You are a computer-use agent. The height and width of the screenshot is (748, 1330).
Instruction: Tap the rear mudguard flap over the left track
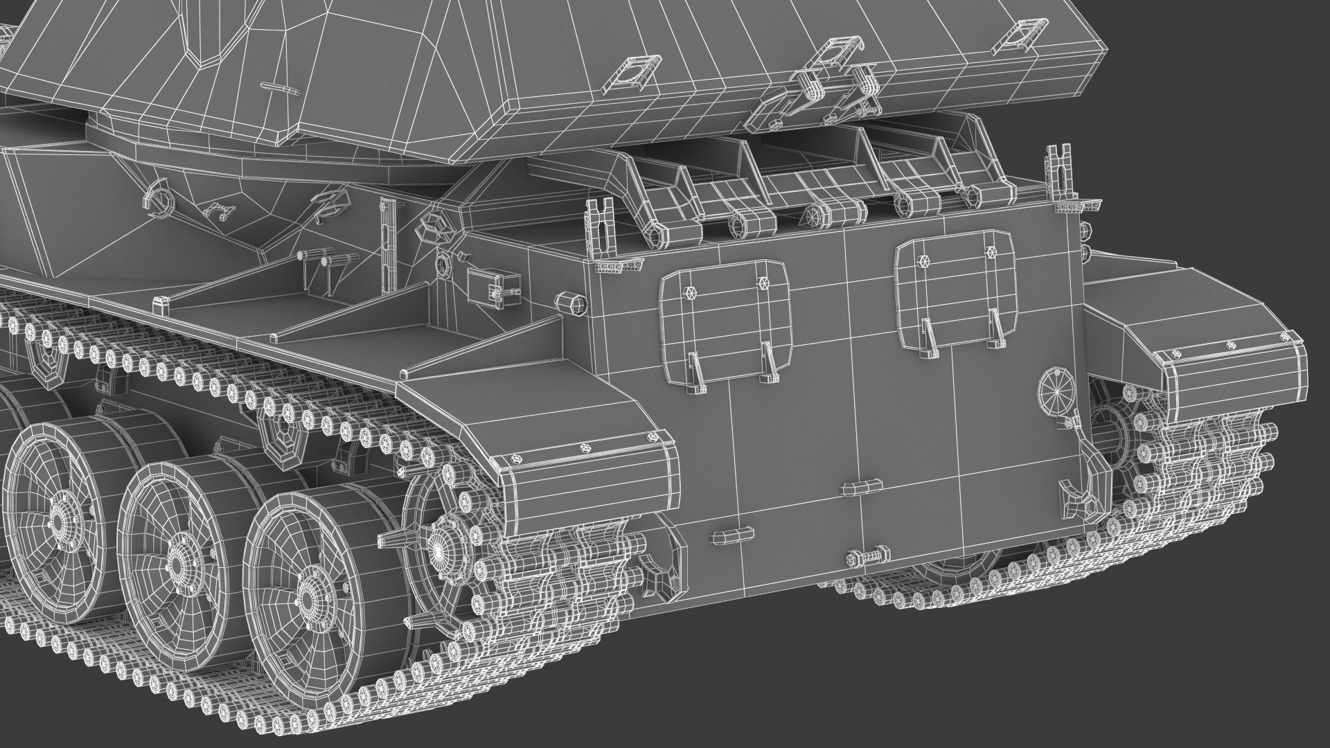[x=589, y=478]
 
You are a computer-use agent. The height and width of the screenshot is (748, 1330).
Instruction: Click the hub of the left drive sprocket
[x=438, y=547]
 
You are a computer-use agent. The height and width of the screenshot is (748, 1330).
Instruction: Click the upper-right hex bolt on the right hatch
[x=992, y=251]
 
